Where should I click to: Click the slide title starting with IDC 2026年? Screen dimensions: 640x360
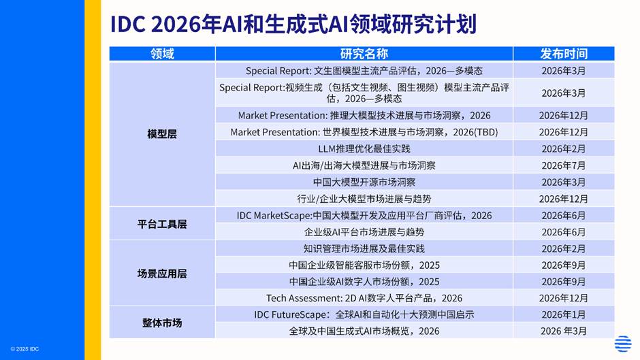293,24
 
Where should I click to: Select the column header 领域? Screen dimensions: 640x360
162,54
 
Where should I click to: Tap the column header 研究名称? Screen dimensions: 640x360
364,54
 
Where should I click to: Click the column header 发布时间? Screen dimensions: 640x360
564,54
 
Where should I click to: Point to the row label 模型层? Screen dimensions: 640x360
162,134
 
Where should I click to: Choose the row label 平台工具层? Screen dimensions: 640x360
162,224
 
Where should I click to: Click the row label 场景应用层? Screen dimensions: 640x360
162,274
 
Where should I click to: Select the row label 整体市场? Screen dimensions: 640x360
162,323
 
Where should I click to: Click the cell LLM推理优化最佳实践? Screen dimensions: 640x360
364,149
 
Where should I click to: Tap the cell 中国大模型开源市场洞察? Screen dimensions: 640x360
364,182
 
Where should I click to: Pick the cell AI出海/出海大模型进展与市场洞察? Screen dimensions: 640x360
364,165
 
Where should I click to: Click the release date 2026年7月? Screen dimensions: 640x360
564,165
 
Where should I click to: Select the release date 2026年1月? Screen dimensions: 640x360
564,314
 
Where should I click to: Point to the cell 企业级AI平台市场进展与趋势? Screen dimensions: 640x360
364,232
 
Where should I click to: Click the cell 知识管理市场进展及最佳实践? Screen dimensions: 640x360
364,248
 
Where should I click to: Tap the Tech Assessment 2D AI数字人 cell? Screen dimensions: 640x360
364,298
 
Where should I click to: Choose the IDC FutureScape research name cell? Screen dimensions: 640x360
364,314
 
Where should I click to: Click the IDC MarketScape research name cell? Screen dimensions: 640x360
364,216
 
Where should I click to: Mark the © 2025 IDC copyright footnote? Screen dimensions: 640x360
25,349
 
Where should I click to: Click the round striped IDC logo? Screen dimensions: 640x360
623,344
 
